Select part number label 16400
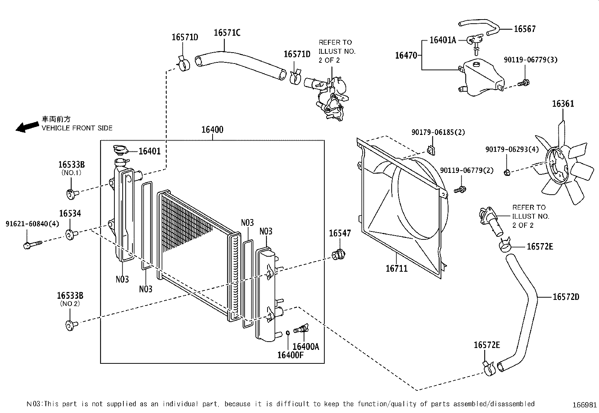point(212,130)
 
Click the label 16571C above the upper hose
point(227,33)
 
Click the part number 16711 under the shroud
point(396,268)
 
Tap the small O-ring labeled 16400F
point(287,333)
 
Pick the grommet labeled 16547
point(339,254)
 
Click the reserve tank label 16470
point(406,56)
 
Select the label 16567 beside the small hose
point(525,29)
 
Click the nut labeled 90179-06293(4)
point(506,172)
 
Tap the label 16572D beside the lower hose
point(566,297)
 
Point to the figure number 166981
point(584,405)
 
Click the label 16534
point(70,213)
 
